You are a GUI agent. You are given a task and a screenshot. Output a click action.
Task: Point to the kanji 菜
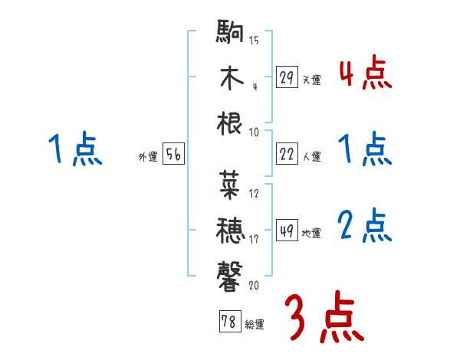pyautogui.click(x=231, y=183)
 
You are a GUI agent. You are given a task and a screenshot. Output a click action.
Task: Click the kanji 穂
pyautogui.click(x=231, y=228)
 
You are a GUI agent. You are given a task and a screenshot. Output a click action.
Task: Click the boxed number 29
pyautogui.click(x=287, y=77)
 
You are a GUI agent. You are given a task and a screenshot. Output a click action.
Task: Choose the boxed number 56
pyautogui.click(x=173, y=155)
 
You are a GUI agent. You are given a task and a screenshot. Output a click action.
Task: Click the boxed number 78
pyautogui.click(x=228, y=322)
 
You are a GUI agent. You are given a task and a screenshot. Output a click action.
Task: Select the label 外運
pyautogui.click(x=147, y=157)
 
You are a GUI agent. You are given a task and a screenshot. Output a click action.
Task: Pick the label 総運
pyautogui.click(x=254, y=324)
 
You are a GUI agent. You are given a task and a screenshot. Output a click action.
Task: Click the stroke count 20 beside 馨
pyautogui.click(x=254, y=285)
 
